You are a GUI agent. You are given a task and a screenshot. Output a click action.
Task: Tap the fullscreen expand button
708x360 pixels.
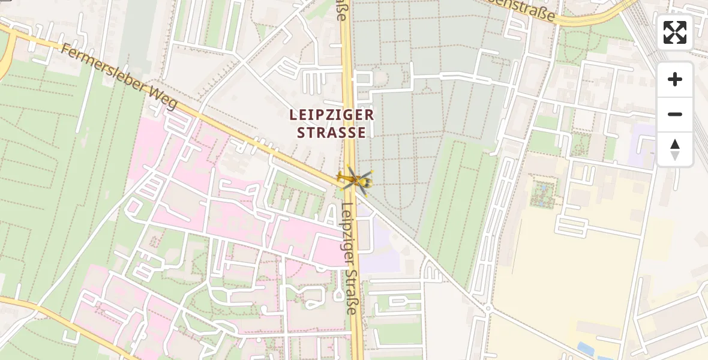coord(675,32)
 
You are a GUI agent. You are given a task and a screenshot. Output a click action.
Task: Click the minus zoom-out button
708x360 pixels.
coord(675,114)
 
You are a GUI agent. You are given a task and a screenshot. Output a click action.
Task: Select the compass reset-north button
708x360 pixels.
coord(675,149)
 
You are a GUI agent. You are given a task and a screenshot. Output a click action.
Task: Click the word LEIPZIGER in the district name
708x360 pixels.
coord(332,115)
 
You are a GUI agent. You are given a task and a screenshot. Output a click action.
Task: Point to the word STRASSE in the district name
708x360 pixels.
coord(332,133)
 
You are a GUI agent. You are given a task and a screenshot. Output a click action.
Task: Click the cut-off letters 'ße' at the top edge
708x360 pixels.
coord(342,10)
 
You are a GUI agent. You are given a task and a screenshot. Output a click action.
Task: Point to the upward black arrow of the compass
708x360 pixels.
coord(675,144)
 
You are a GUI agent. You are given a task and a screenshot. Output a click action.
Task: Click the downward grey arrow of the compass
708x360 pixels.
coord(675,156)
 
